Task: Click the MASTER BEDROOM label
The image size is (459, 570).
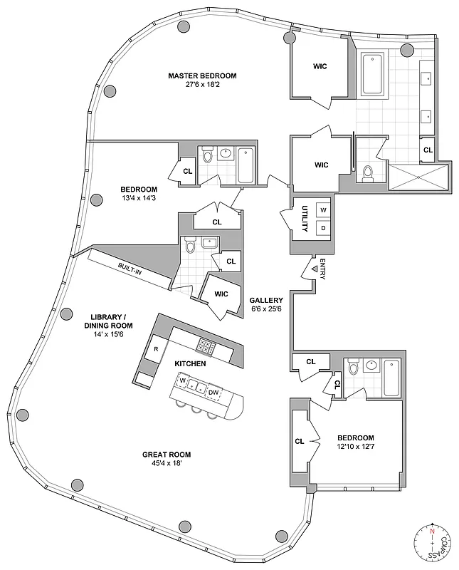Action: (x=202, y=76)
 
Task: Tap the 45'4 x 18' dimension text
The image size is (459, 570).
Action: (x=166, y=464)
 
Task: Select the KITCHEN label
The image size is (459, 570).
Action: (x=190, y=363)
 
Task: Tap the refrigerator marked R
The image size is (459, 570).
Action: (x=155, y=350)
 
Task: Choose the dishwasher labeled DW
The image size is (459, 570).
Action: (x=213, y=392)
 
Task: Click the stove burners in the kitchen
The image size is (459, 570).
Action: (x=206, y=347)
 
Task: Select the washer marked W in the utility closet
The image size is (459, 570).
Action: (x=322, y=210)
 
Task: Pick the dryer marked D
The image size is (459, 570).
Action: (x=322, y=228)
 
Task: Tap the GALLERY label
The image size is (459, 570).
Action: (x=267, y=301)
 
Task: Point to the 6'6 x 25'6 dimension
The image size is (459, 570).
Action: (x=267, y=309)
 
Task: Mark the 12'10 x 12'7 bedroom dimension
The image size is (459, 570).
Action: (x=355, y=447)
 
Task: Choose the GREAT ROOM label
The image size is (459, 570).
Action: (x=166, y=455)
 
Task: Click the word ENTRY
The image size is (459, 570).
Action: (x=322, y=269)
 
